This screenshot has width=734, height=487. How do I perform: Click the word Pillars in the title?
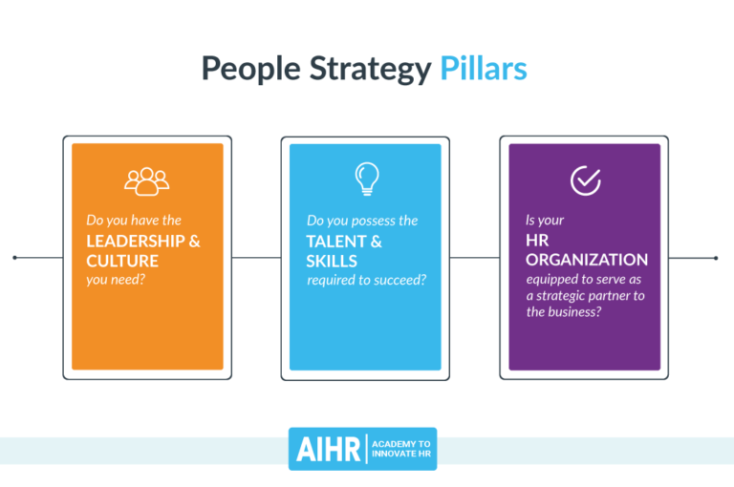(483, 70)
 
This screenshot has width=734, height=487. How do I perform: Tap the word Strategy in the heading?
(375, 71)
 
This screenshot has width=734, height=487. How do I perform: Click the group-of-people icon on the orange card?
(146, 180)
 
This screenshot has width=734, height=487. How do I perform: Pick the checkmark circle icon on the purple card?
(585, 180)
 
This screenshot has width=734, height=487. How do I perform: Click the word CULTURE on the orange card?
(122, 260)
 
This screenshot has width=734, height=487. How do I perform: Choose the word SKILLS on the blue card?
(332, 261)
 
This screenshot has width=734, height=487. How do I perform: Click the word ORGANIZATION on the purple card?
(587, 260)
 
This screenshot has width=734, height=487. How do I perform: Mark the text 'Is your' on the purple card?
(545, 221)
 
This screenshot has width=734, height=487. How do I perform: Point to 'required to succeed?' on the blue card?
(366, 280)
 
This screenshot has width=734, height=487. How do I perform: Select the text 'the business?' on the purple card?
(564, 312)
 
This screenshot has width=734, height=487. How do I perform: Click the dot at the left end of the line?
(15, 258)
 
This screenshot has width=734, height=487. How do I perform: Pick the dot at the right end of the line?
(716, 258)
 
